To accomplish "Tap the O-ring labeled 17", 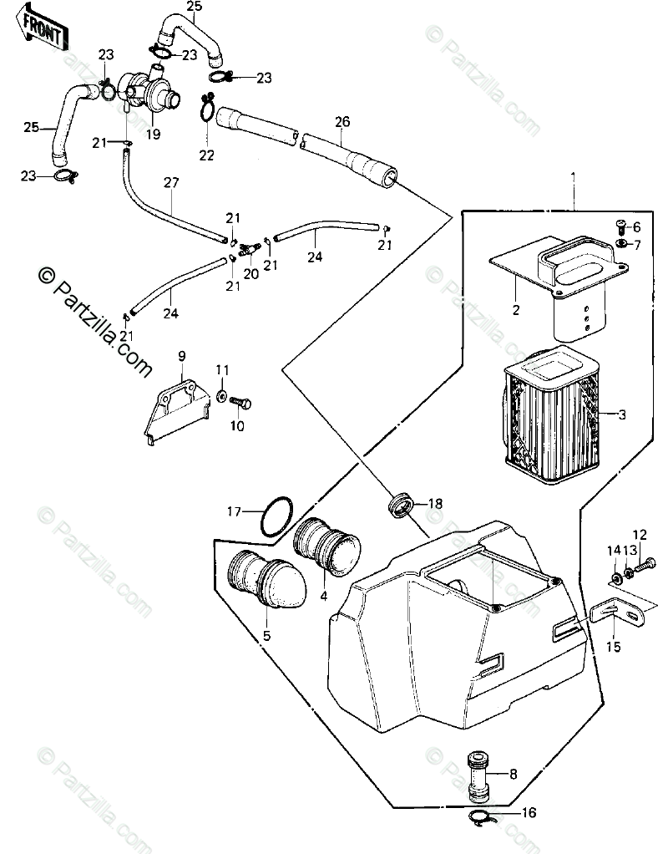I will [x=276, y=519].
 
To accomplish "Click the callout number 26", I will [x=342, y=120].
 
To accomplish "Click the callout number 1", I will [x=573, y=176].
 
